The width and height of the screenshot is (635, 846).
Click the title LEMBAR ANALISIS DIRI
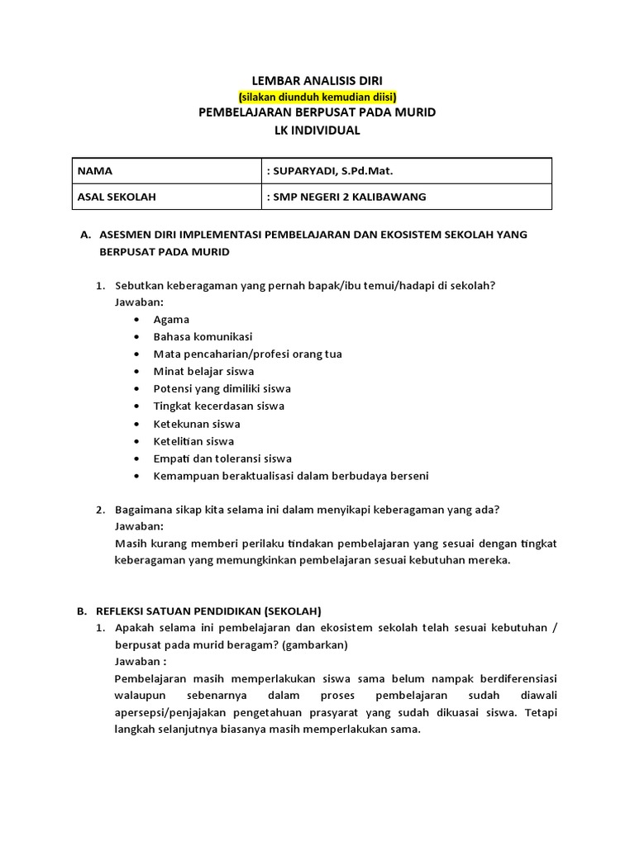[317, 80]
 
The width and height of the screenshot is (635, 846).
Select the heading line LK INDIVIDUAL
[317, 130]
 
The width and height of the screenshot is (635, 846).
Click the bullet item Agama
[171, 319]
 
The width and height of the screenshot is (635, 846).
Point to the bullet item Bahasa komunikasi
[203, 336]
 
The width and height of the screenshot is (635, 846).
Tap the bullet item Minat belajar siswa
[203, 371]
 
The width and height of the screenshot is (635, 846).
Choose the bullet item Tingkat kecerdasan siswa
[218, 406]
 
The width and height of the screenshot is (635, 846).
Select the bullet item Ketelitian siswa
[193, 441]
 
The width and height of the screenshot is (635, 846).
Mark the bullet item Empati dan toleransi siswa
[222, 459]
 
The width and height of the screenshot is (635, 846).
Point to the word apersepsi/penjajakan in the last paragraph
[169, 713]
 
